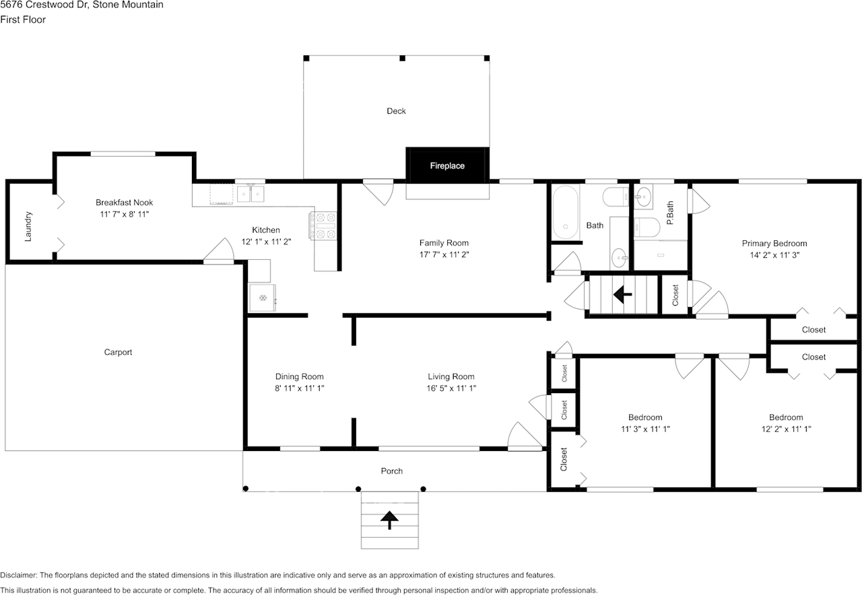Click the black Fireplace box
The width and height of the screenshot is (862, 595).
click(447, 165)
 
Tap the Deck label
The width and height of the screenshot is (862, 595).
click(396, 111)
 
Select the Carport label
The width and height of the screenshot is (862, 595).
click(118, 352)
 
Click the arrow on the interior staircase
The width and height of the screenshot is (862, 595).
click(622, 294)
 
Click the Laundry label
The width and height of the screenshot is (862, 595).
click(28, 226)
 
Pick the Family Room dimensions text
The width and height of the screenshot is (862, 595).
click(444, 255)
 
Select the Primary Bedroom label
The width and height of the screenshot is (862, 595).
click(774, 244)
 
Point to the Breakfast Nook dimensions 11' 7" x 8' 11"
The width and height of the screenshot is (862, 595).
click(124, 214)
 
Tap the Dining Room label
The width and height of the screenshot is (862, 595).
click(299, 377)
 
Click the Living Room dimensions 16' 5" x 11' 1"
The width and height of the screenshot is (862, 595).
click(451, 388)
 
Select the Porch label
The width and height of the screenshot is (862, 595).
click(391, 471)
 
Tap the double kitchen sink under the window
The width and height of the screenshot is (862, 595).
click(251, 195)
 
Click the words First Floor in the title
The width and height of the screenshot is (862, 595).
click(23, 20)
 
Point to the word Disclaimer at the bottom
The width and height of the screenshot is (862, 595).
click(18, 575)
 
